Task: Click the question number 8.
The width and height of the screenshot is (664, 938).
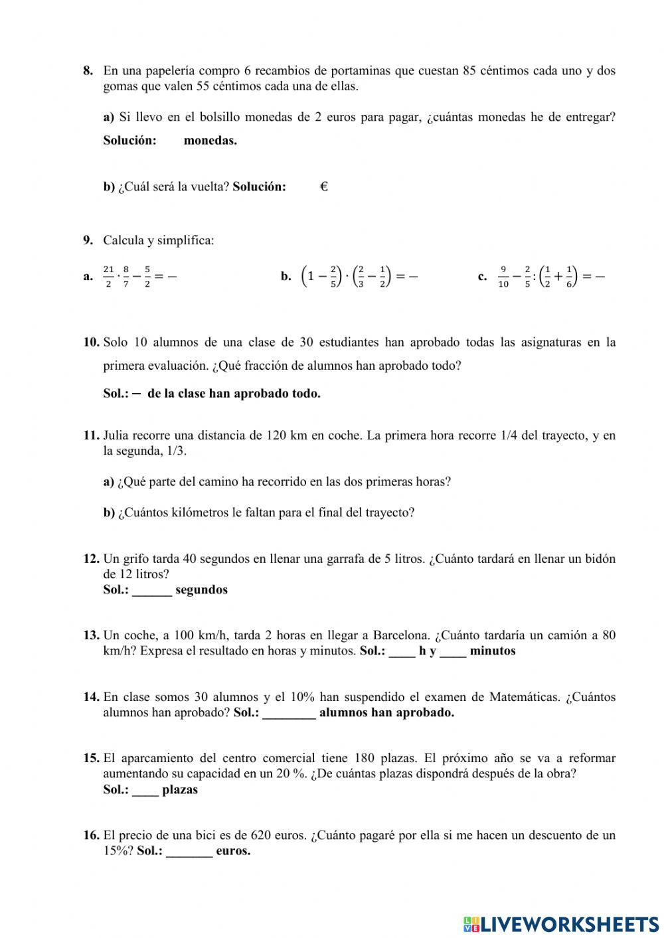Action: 88,71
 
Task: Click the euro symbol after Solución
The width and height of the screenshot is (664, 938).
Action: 324,187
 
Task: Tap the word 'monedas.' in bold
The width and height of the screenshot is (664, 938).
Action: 210,140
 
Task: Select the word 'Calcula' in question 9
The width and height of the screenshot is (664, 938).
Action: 122,240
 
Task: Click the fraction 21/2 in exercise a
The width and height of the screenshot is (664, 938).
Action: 108,276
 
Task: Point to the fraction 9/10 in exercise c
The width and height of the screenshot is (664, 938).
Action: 503,276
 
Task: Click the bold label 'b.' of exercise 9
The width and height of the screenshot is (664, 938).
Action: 286,277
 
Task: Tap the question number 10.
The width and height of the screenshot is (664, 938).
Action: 91,343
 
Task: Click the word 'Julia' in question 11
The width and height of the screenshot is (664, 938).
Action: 117,435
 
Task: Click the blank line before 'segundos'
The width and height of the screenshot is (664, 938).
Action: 152,590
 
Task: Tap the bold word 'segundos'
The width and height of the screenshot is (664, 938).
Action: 201,589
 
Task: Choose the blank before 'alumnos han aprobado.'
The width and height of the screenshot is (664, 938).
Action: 289,713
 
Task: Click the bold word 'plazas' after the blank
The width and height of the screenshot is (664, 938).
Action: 180,790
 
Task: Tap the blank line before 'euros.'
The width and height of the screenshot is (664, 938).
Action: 189,851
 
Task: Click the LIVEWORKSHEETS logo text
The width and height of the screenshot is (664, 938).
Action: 568,923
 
